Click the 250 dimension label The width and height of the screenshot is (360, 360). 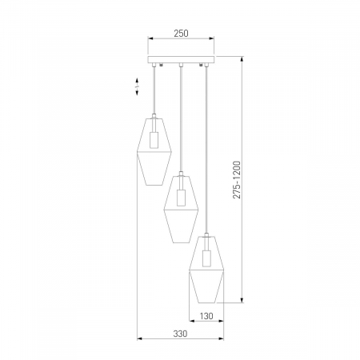pos(181,34)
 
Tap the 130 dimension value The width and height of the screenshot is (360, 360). pos(206,316)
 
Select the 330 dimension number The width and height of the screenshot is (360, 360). pos(180,334)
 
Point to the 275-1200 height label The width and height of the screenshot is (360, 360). pos(237,179)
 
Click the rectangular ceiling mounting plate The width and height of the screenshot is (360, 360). pos(181,60)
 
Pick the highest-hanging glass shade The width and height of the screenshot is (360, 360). pos(154,150)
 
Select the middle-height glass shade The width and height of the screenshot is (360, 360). pos(181,209)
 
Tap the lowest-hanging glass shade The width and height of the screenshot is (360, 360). pos(206,270)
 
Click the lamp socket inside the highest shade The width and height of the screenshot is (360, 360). pos(154,140)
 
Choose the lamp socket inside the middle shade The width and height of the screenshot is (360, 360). pos(181,198)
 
